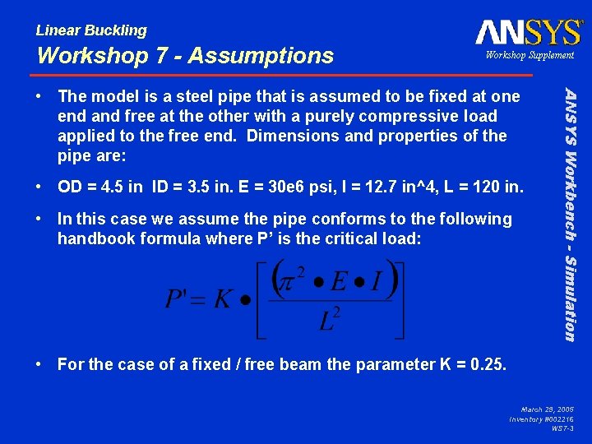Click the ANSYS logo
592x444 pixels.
click(529, 32)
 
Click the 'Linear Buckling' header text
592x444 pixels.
click(91, 30)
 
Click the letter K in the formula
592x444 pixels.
click(223, 297)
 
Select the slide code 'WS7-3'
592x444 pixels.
click(562, 429)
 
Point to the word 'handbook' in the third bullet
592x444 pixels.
click(92, 238)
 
